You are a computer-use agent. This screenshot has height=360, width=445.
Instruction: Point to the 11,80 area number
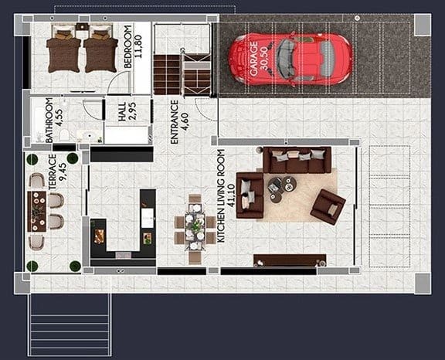click(140, 39)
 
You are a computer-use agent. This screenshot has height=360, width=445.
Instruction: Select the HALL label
click(121, 113)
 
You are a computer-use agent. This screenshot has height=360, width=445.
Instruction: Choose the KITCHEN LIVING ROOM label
click(221, 196)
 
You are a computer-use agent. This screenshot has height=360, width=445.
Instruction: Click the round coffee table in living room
click(283, 186)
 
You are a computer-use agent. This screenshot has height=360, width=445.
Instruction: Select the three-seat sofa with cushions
click(297, 160)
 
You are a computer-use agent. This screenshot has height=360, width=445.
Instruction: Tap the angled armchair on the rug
click(328, 206)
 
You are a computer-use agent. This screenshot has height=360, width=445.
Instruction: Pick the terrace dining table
click(37, 211)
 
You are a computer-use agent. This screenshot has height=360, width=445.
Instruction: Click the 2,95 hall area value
click(132, 113)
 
